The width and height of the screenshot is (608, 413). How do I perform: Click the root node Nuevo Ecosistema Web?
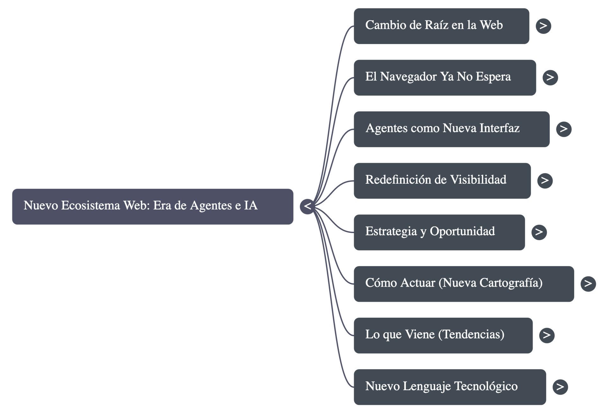pos(152,206)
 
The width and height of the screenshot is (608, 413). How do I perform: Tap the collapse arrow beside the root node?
pos(307,206)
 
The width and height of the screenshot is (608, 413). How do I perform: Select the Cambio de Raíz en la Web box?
pos(441,26)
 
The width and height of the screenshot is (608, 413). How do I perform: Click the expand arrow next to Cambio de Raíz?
pos(543,26)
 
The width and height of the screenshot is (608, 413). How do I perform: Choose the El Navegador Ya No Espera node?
pos(445,78)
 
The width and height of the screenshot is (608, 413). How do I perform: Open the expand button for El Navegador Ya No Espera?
pos(550,78)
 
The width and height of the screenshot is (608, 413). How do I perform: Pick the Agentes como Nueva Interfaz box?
pos(452,129)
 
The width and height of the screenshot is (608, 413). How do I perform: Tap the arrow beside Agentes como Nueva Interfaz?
pos(563,129)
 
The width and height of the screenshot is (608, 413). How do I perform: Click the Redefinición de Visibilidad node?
pos(442,181)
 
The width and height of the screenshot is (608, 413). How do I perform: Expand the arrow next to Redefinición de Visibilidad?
pos(545,181)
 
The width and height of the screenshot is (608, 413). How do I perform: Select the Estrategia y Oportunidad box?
pos(439,232)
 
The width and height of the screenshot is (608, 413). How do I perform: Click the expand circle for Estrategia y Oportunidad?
pos(539,232)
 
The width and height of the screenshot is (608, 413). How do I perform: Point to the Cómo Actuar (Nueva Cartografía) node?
pos(464,284)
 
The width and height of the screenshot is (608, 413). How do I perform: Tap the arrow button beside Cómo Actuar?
pos(588,284)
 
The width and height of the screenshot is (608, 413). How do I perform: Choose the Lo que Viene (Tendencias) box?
pos(443,335)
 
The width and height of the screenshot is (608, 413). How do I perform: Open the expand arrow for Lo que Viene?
pos(547,335)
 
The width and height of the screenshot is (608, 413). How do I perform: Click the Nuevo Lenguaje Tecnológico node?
pos(450,387)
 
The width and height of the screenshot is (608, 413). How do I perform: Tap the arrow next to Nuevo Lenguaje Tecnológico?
pos(560,387)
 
